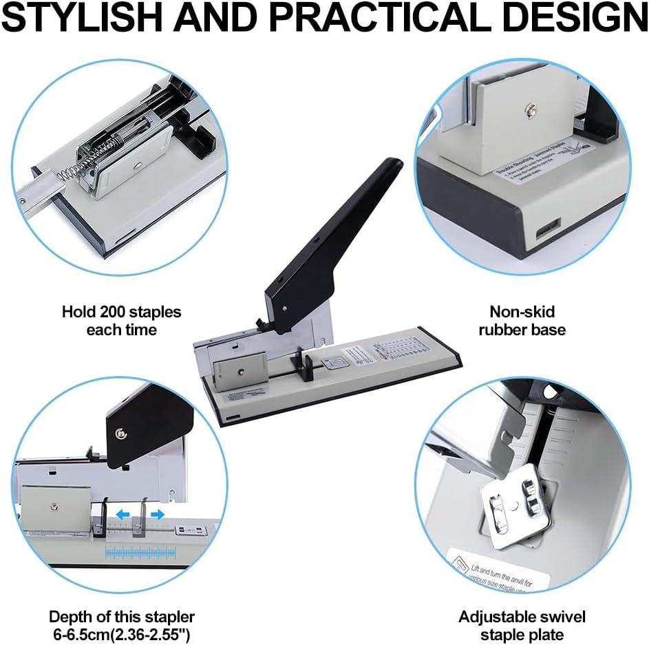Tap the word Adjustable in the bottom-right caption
click(502, 616)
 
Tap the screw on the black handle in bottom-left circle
click(121, 432)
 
